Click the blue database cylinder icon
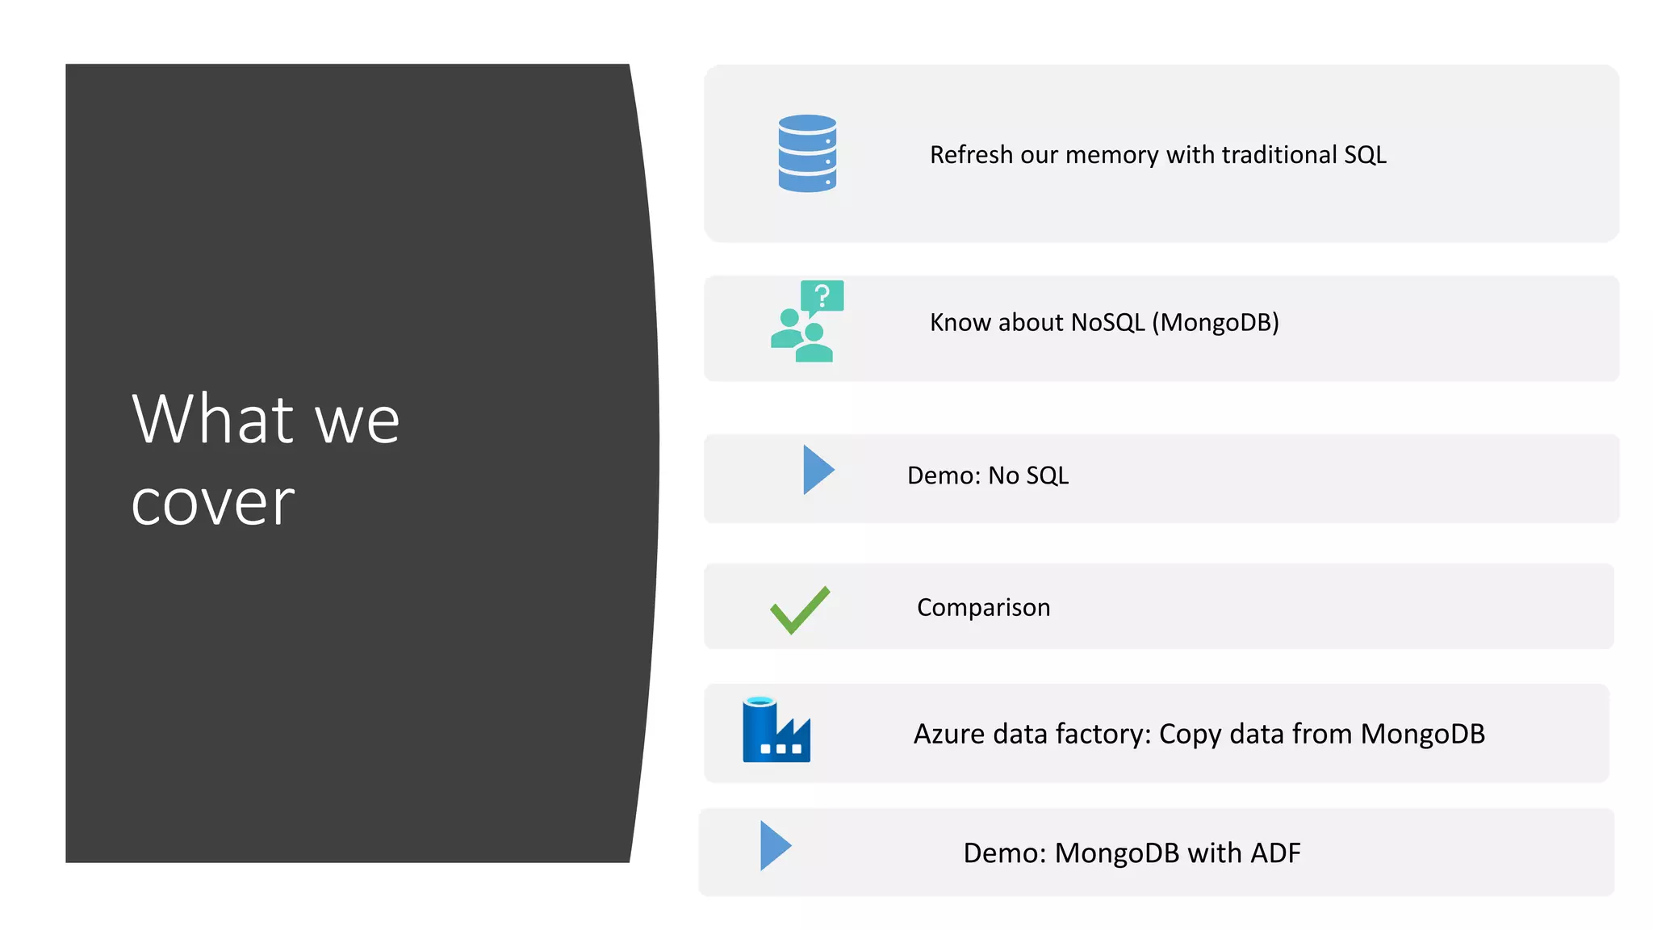pyautogui.click(x=807, y=153)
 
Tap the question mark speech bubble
pyautogui.click(x=822, y=296)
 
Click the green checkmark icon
pyautogui.click(x=800, y=610)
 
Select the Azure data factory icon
pyautogui.click(x=776, y=730)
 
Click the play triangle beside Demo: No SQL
pyautogui.click(x=818, y=470)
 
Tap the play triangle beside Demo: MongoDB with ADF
pyautogui.click(x=775, y=846)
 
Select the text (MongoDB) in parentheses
pyautogui.click(x=1216, y=322)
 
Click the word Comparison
pyautogui.click(x=983, y=607)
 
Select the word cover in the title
pyautogui.click(x=213, y=502)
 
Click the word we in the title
pyautogui.click(x=358, y=421)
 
